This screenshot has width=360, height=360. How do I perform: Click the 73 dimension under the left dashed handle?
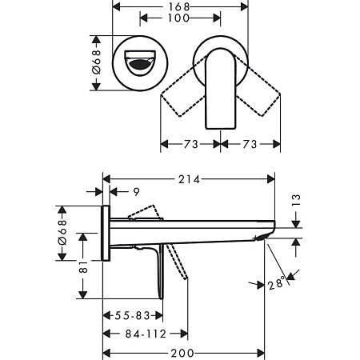[x=190, y=146]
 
